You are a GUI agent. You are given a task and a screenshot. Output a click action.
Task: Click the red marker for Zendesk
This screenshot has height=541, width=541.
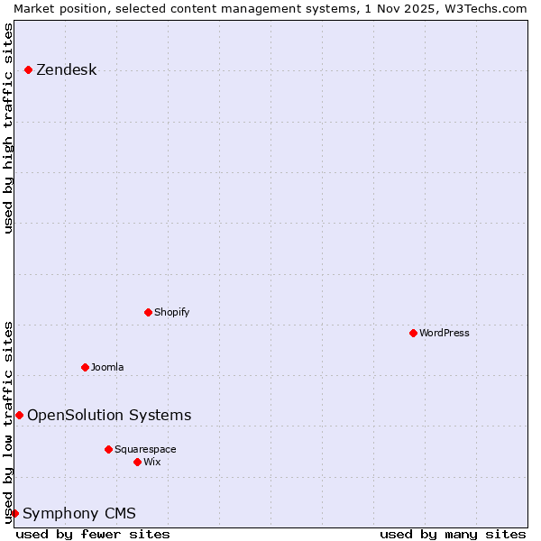pos(28,69)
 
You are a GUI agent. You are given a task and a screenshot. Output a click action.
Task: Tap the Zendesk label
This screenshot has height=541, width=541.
pos(66,70)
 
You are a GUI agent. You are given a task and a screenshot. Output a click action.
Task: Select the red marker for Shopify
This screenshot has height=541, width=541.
pos(148,312)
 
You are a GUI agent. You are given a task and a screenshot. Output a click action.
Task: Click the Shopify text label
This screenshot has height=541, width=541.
pos(171,312)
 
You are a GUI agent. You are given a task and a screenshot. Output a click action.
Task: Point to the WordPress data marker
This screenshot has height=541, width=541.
pos(413,333)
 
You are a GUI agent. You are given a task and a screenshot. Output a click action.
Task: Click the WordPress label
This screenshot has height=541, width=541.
pos(444,333)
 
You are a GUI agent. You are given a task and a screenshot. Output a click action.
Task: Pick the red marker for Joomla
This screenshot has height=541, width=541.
pos(85,367)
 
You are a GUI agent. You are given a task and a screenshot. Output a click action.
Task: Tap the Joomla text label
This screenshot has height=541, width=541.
pos(107,367)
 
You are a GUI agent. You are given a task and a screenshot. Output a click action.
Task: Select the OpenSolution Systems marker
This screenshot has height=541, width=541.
pos(19,415)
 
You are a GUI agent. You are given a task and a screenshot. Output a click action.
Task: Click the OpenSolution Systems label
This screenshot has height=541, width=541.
pos(109,415)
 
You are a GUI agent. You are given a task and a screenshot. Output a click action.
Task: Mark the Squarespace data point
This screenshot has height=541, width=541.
pos(108,449)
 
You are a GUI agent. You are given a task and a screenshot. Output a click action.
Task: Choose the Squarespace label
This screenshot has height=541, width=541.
pos(145,449)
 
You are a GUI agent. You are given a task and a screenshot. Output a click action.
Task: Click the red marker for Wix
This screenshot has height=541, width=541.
pos(137,462)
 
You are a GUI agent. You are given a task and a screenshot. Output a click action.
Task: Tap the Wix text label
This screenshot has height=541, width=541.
pos(152,462)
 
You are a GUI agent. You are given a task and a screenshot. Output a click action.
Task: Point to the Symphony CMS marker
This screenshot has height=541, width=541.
pos(14,513)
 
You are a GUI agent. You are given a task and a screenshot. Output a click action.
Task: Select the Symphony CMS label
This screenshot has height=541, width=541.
pos(79,514)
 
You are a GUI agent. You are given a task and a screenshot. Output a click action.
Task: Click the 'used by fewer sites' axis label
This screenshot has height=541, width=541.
pos(93,534)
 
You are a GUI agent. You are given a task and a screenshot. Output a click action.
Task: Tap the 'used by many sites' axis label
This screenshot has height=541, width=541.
pos(453,534)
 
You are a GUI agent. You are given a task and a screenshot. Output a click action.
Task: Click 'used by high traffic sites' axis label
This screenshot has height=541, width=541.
pos(8,128)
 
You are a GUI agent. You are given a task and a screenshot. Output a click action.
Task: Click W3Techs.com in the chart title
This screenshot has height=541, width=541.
pos(482,8)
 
